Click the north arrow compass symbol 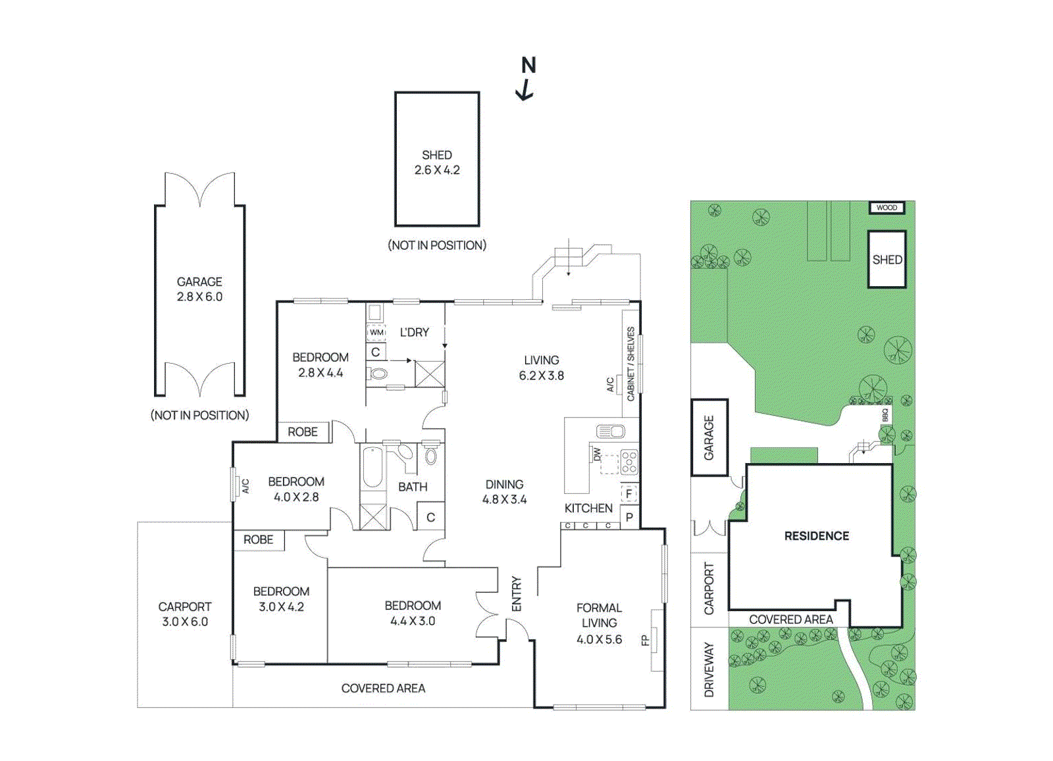click(x=526, y=79)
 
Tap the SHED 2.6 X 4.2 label click(x=437, y=162)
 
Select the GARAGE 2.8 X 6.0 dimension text click(x=200, y=289)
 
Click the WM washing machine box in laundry click(x=376, y=332)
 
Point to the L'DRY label click(x=414, y=333)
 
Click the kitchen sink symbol click(x=610, y=431)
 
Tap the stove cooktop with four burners click(x=629, y=462)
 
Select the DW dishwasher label click(x=597, y=454)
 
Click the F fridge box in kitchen click(x=629, y=494)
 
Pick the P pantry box click(x=629, y=517)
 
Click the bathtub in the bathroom click(x=372, y=468)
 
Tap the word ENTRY click(x=517, y=594)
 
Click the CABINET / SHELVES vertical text click(x=630, y=364)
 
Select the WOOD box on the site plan click(x=886, y=208)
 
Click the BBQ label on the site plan click(x=886, y=415)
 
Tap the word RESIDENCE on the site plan click(x=817, y=536)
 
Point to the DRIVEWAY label click(x=709, y=670)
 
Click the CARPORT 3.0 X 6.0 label click(x=185, y=614)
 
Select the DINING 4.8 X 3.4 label click(x=504, y=492)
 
